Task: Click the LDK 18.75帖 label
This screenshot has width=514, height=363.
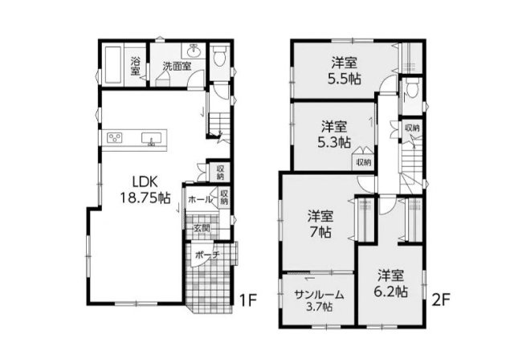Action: coord(145,190)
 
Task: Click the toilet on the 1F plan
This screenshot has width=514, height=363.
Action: coord(219,55)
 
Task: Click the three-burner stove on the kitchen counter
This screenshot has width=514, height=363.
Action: coord(115,137)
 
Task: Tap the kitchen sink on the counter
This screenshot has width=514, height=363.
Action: coord(152,137)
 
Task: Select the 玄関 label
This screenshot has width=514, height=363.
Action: coord(201,228)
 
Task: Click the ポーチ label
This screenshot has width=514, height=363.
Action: coord(207,255)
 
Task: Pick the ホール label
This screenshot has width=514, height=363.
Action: coord(200,199)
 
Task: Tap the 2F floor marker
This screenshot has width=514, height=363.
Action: coord(441,300)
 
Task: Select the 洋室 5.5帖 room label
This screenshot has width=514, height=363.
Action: coord(345,71)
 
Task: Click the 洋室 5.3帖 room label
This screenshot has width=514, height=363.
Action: coord(334,134)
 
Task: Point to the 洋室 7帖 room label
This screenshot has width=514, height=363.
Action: coord(320,224)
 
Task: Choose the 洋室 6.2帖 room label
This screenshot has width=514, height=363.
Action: coord(391,283)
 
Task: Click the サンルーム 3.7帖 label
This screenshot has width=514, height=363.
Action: coord(319,300)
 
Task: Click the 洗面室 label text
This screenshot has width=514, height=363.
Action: coord(177,66)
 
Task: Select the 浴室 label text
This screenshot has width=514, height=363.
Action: coord(136,66)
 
